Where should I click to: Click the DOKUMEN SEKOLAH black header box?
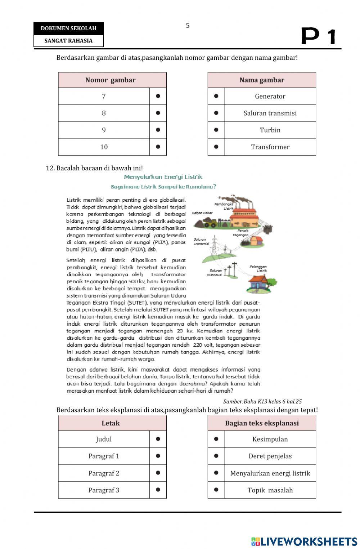coord(68,28)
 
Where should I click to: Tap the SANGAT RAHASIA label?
coord(68,41)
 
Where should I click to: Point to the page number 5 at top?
coord(188,26)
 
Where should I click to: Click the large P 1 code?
coord(318,36)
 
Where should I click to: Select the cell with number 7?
coord(104,96)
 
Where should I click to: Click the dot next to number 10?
coord(158,147)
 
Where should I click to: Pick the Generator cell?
coord(270,96)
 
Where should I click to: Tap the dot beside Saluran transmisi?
coord(216,113)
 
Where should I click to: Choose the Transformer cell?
coord(270,147)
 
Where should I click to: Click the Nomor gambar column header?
coord(111,80)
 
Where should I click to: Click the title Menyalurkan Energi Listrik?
coord(163,177)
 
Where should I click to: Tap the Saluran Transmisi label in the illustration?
coord(201,241)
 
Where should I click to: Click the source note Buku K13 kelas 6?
coord(262,401)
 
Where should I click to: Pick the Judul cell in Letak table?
coord(104,439)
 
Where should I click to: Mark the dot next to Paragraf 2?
coord(158,473)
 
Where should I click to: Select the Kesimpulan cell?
coord(270,439)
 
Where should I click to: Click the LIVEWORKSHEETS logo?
coord(304,541)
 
